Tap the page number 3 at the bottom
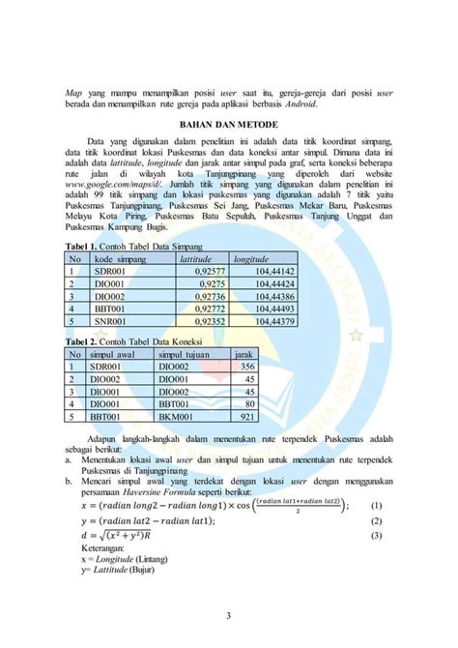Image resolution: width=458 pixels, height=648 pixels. (229, 613)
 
